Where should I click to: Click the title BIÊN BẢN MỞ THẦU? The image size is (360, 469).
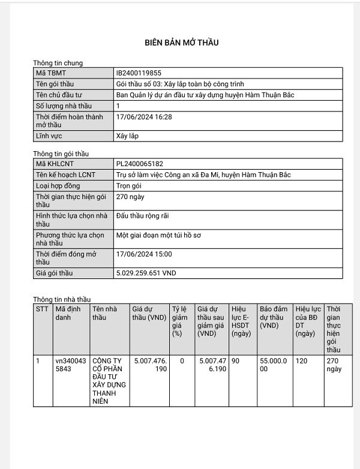(182, 43)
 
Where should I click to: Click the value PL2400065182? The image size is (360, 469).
(139, 164)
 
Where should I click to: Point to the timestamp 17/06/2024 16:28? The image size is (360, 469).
(143, 117)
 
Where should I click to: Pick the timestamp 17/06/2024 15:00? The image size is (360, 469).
(143, 254)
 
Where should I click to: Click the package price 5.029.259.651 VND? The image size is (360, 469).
(146, 273)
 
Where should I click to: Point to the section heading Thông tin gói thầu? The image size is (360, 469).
(61, 154)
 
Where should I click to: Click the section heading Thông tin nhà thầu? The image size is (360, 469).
(62, 299)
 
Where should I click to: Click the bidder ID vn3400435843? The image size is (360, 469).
(70, 365)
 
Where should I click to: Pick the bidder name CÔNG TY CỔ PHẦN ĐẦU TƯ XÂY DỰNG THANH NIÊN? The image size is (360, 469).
(107, 381)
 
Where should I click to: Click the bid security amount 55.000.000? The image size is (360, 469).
(274, 365)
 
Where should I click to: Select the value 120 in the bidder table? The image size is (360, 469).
(301, 361)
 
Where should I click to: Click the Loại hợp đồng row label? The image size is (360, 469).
(58, 186)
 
